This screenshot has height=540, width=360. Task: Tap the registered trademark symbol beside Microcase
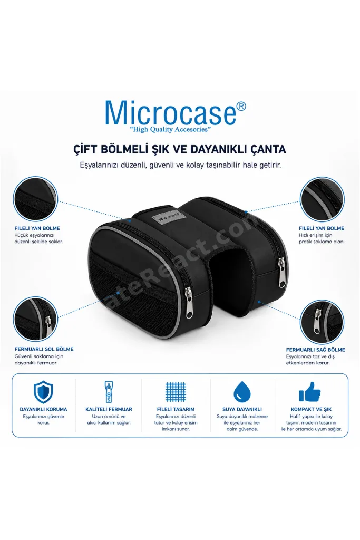pos(241,107)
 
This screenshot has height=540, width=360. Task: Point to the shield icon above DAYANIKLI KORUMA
pos(43,392)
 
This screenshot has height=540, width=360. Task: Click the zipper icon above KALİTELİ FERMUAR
pos(109,392)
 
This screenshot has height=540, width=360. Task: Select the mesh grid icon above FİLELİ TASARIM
pos(176,392)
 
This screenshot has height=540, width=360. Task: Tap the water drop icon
pos(242,392)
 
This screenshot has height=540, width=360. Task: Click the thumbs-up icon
pos(310,392)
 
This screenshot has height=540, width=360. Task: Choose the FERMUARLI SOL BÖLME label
pos(44,349)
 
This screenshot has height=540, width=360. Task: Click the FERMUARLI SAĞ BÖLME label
pos(316,350)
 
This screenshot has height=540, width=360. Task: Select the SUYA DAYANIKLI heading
pos(242,409)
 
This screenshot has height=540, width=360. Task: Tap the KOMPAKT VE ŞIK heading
pos(311,409)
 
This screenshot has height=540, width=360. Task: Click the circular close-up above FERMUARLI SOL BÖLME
pos(35,319)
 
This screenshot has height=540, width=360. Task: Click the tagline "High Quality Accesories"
pos(171,130)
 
